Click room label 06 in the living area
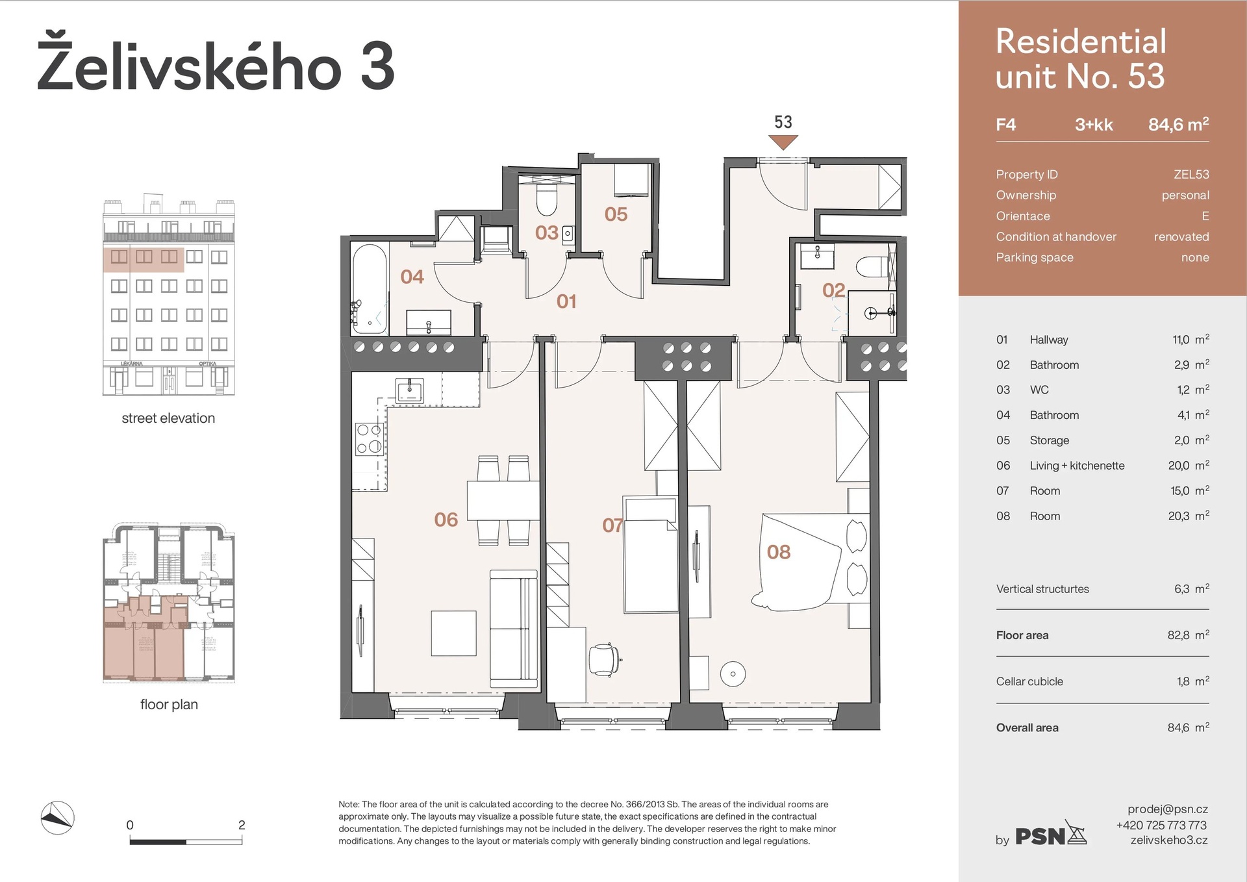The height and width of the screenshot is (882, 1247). (446, 520)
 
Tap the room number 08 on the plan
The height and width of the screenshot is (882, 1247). (779, 552)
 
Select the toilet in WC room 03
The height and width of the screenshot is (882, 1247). (547, 199)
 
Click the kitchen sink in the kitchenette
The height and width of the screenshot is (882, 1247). (410, 391)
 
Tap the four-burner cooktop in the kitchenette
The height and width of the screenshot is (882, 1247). (369, 438)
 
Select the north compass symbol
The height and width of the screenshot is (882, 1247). (57, 818)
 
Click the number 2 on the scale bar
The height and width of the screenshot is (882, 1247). (242, 825)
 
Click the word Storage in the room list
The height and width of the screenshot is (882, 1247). (1049, 440)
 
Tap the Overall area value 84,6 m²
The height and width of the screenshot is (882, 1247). (1188, 727)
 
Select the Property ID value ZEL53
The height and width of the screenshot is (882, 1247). (1191, 174)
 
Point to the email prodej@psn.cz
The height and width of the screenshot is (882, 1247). (1167, 809)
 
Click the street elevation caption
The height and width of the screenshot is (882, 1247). (168, 418)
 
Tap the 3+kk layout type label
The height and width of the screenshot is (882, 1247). (1094, 125)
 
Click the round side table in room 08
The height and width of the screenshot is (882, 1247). (733, 674)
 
